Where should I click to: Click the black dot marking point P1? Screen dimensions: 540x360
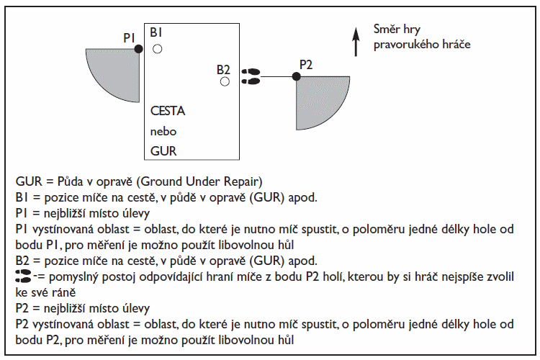pos(138,49)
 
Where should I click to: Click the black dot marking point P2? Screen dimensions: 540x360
pos(296,76)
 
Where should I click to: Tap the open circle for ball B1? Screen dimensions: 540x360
pos(158,49)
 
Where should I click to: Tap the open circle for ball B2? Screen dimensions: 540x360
pos(225,81)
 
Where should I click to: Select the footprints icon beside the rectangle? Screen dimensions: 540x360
pos(251,76)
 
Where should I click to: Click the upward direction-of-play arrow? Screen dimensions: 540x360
pos(356,42)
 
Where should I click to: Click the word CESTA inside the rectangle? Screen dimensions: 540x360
pos(168,111)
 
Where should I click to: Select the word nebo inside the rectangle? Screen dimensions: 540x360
pos(163,131)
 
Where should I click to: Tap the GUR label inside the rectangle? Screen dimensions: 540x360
pos(163,151)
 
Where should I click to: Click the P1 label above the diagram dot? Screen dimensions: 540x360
pos(129,38)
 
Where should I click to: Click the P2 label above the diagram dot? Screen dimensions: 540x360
pos(306,64)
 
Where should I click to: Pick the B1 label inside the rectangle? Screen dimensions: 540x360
pos(156,32)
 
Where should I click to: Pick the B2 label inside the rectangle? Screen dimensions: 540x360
pos(223,70)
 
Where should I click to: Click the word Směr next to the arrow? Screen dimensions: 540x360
pos(387,29)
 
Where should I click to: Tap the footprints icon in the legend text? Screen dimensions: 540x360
pos(23,276)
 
